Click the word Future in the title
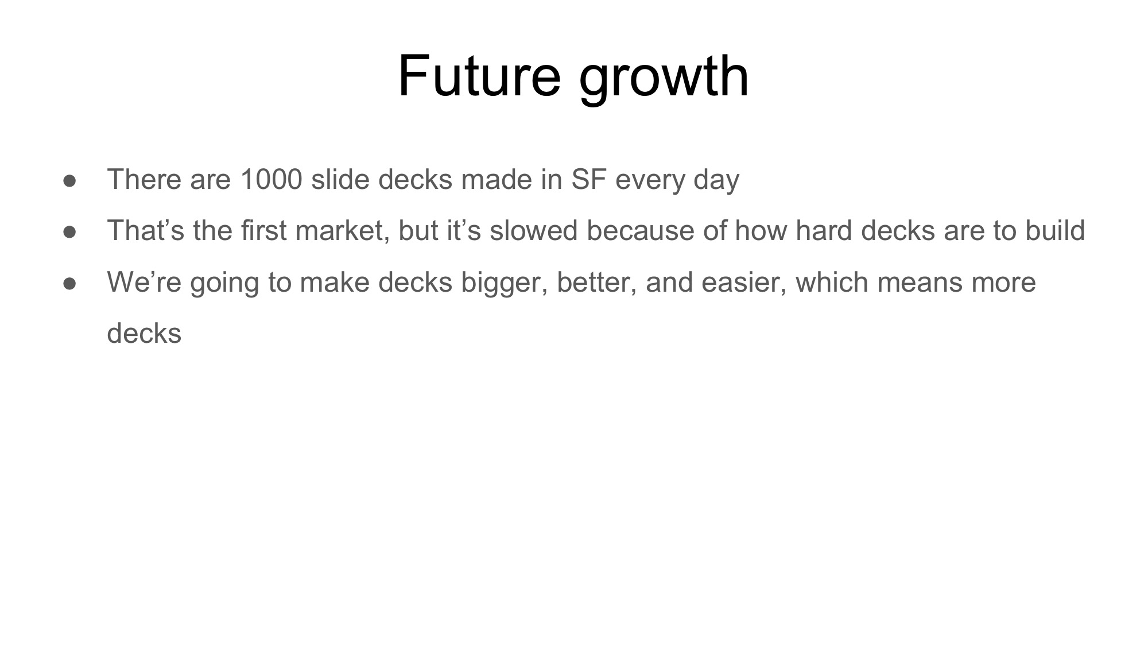pos(479,76)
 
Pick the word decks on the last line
pos(144,333)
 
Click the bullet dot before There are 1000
pos(70,181)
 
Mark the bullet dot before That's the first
pos(70,232)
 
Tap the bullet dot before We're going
pos(70,284)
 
